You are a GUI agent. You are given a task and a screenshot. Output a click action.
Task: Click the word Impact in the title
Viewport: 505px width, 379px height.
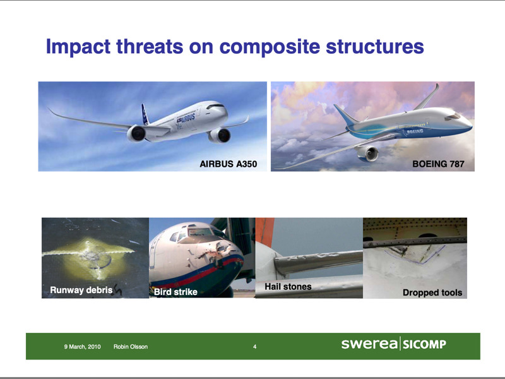(78, 47)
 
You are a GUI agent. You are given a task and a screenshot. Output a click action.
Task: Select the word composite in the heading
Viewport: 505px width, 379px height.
(270, 47)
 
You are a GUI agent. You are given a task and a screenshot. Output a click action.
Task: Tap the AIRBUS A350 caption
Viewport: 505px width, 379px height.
(229, 164)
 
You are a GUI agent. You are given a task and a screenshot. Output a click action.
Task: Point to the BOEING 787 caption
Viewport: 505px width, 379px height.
(438, 164)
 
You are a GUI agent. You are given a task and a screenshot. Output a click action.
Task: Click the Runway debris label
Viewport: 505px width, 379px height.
(81, 290)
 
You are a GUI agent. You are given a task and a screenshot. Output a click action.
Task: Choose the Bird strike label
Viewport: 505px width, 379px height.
(175, 292)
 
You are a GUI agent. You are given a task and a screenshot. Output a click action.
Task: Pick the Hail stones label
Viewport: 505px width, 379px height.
(288, 287)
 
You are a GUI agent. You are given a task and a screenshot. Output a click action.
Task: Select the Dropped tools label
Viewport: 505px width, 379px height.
(432, 292)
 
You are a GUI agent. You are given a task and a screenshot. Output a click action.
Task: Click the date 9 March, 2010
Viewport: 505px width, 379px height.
(82, 347)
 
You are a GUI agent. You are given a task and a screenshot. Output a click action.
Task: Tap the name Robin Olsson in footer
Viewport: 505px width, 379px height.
(131, 347)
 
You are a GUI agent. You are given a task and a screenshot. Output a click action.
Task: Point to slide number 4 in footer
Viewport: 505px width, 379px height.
(255, 347)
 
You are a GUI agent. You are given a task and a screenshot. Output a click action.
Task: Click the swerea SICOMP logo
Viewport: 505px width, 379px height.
(393, 344)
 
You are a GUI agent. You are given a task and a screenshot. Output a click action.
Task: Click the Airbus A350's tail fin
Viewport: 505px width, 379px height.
(145, 114)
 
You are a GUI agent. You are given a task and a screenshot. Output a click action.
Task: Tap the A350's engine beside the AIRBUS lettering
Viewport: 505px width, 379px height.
(219, 135)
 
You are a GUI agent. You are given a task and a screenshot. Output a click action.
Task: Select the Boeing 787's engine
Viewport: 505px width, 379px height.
(368, 153)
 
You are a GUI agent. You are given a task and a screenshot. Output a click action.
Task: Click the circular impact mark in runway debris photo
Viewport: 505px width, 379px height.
(99, 258)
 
